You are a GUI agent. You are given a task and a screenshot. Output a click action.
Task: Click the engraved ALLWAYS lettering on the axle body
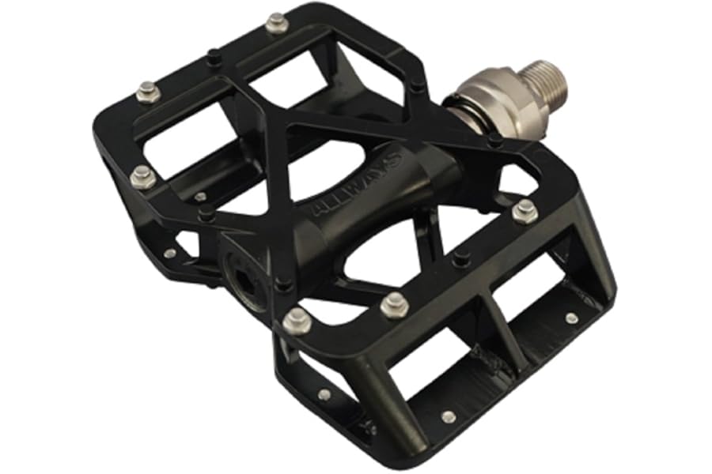click(x=357, y=185)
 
